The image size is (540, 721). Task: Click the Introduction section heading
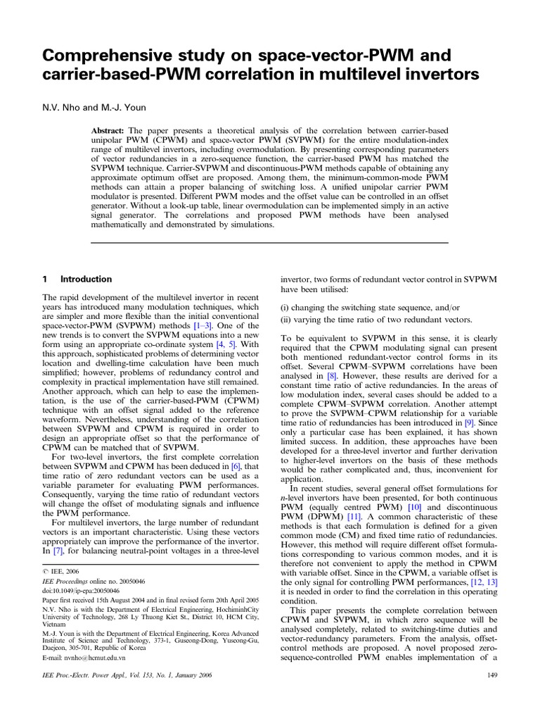point(86,279)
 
